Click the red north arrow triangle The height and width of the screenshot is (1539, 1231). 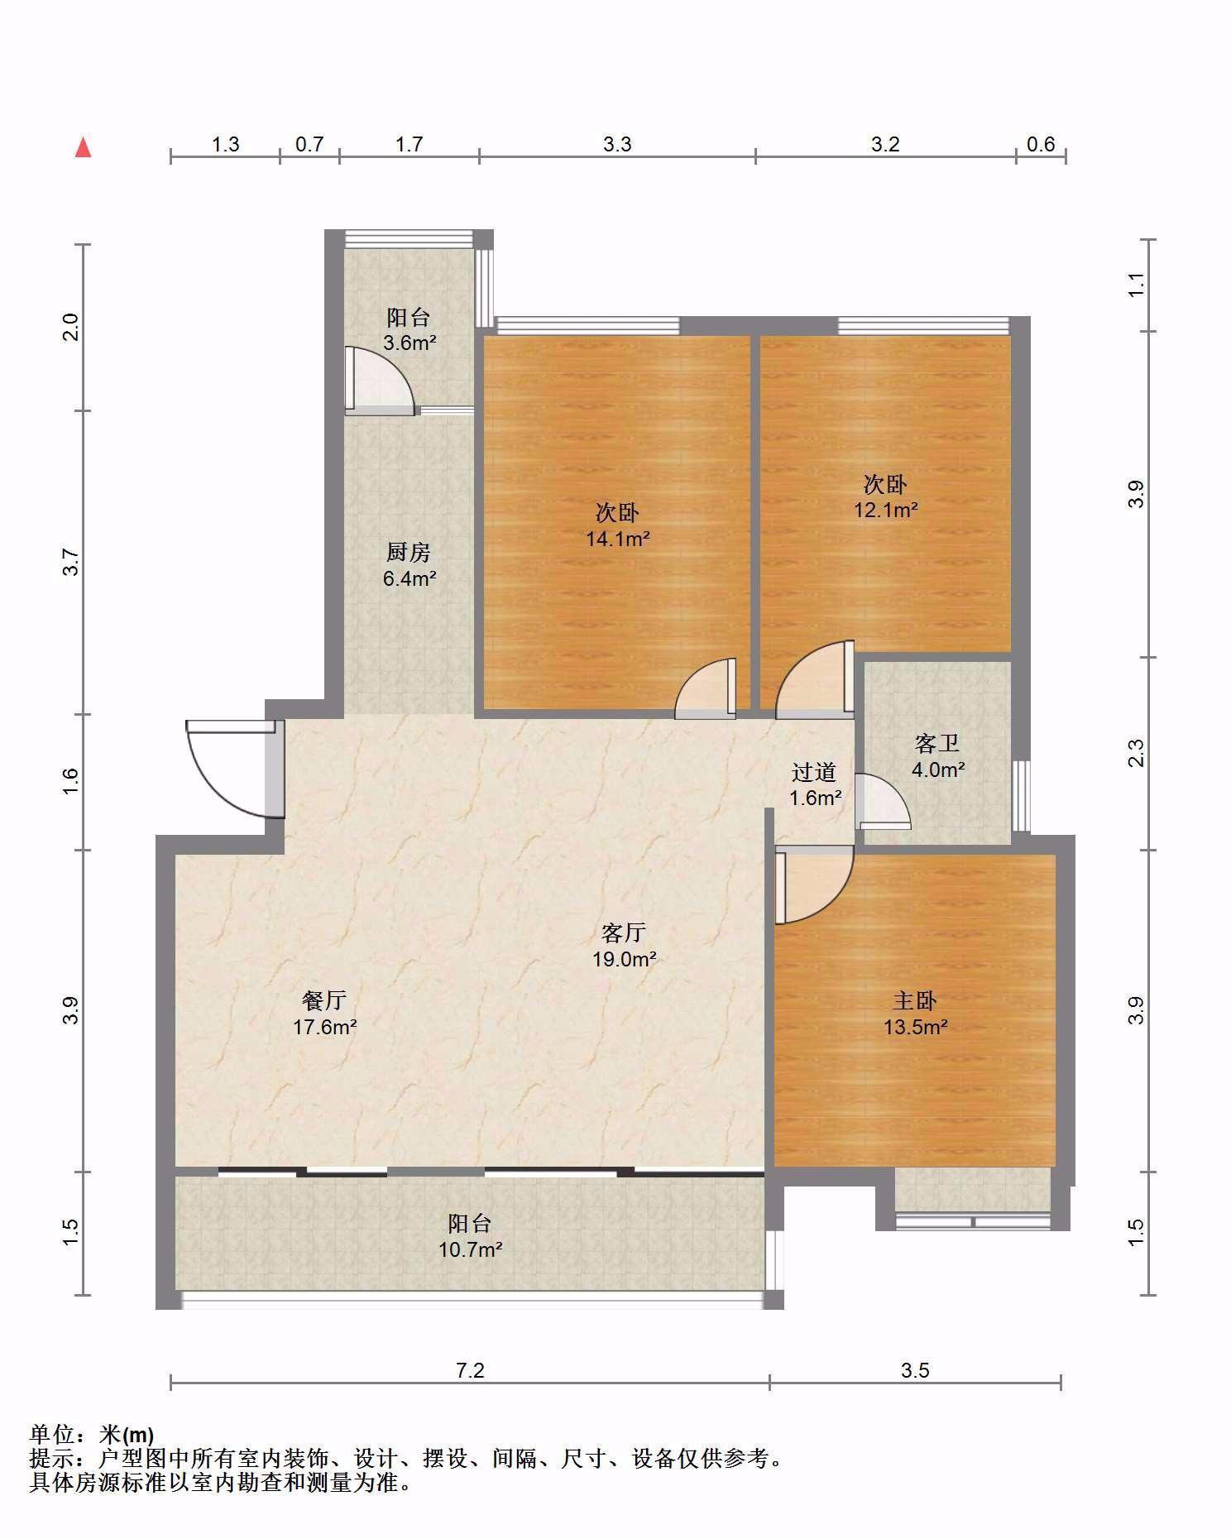pyautogui.click(x=83, y=148)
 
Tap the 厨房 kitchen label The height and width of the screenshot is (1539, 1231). pyautogui.click(x=409, y=552)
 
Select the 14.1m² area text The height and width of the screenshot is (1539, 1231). pyautogui.click(x=617, y=539)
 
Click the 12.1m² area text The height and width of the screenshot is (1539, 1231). pyautogui.click(x=885, y=510)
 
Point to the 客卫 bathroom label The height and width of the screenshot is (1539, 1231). pyautogui.click(x=937, y=744)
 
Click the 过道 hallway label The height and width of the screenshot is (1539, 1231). pyautogui.click(x=814, y=772)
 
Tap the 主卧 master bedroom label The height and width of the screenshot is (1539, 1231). pyautogui.click(x=914, y=1001)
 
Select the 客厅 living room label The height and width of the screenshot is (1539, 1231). pyautogui.click(x=623, y=933)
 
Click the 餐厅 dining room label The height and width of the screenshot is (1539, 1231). pyautogui.click(x=323, y=1001)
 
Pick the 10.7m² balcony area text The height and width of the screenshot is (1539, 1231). pyautogui.click(x=470, y=1249)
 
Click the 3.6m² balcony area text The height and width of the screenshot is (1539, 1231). pyautogui.click(x=409, y=343)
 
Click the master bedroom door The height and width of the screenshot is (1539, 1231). pyautogui.click(x=815, y=885)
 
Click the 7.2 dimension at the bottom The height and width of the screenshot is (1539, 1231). pyautogui.click(x=470, y=1371)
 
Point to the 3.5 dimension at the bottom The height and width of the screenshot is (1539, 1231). pyautogui.click(x=915, y=1371)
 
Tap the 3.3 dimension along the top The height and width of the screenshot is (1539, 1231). pyautogui.click(x=617, y=145)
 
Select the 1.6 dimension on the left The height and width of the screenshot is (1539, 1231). pyautogui.click(x=70, y=781)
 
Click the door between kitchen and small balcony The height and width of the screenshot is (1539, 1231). pyautogui.click(x=381, y=381)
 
